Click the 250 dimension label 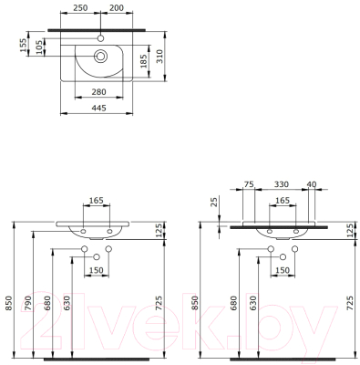[80, 7]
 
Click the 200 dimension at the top [117, 7]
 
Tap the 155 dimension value [23, 46]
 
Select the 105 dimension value [39, 47]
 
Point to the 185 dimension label [144, 61]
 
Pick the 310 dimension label [159, 57]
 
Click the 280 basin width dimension [99, 92]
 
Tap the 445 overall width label [99, 108]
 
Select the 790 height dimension [28, 303]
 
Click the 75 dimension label [249, 184]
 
